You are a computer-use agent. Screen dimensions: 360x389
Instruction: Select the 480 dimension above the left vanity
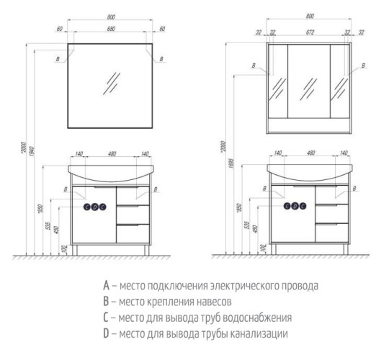pyautogui.click(x=110, y=154)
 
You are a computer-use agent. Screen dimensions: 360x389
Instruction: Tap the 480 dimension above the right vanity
pyautogui.click(x=310, y=154)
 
